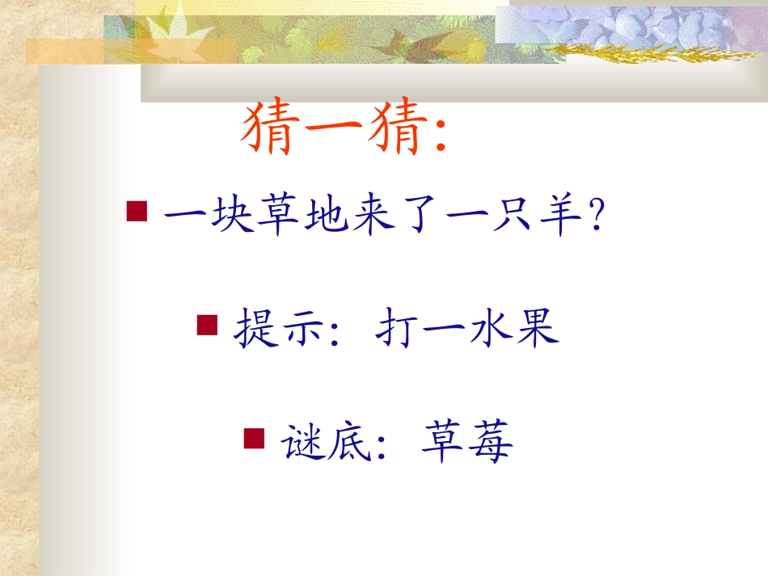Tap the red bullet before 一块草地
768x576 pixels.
pos(137,212)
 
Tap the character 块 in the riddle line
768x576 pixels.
pos(231,217)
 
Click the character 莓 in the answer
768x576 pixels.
pos(491,442)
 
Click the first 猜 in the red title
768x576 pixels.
pos(270,130)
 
